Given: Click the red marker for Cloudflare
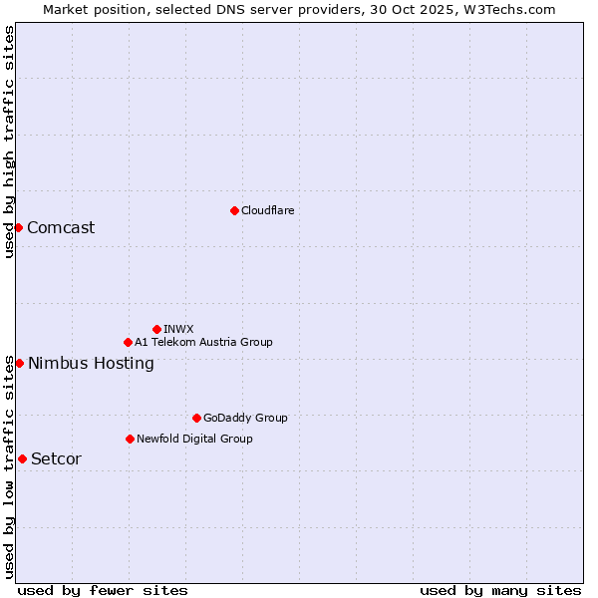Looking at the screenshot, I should (x=234, y=210).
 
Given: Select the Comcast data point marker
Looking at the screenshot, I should (x=18, y=227).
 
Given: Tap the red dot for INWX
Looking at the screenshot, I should (x=156, y=329).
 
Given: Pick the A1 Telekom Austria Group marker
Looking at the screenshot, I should (x=128, y=342).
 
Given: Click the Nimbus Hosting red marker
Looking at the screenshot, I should (x=19, y=363).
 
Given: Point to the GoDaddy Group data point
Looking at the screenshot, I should (x=196, y=418).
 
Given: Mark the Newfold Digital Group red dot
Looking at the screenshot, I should (x=130, y=439).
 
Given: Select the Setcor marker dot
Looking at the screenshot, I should (x=22, y=458).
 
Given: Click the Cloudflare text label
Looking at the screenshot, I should (x=267, y=210).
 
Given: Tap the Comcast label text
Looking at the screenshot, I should (x=61, y=227).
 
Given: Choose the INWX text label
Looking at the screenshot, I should (x=178, y=329).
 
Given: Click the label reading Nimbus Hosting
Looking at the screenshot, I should (x=91, y=363).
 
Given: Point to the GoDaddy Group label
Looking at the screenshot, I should (x=245, y=418).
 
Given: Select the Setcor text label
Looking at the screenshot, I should (x=56, y=458).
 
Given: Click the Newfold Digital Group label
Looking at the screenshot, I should (x=194, y=439).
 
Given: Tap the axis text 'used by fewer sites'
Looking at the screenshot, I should (x=103, y=590).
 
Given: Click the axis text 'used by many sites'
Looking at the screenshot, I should (x=500, y=590).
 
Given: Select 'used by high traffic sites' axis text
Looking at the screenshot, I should (x=9, y=142).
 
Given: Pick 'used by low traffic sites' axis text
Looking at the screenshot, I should (x=9, y=465).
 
